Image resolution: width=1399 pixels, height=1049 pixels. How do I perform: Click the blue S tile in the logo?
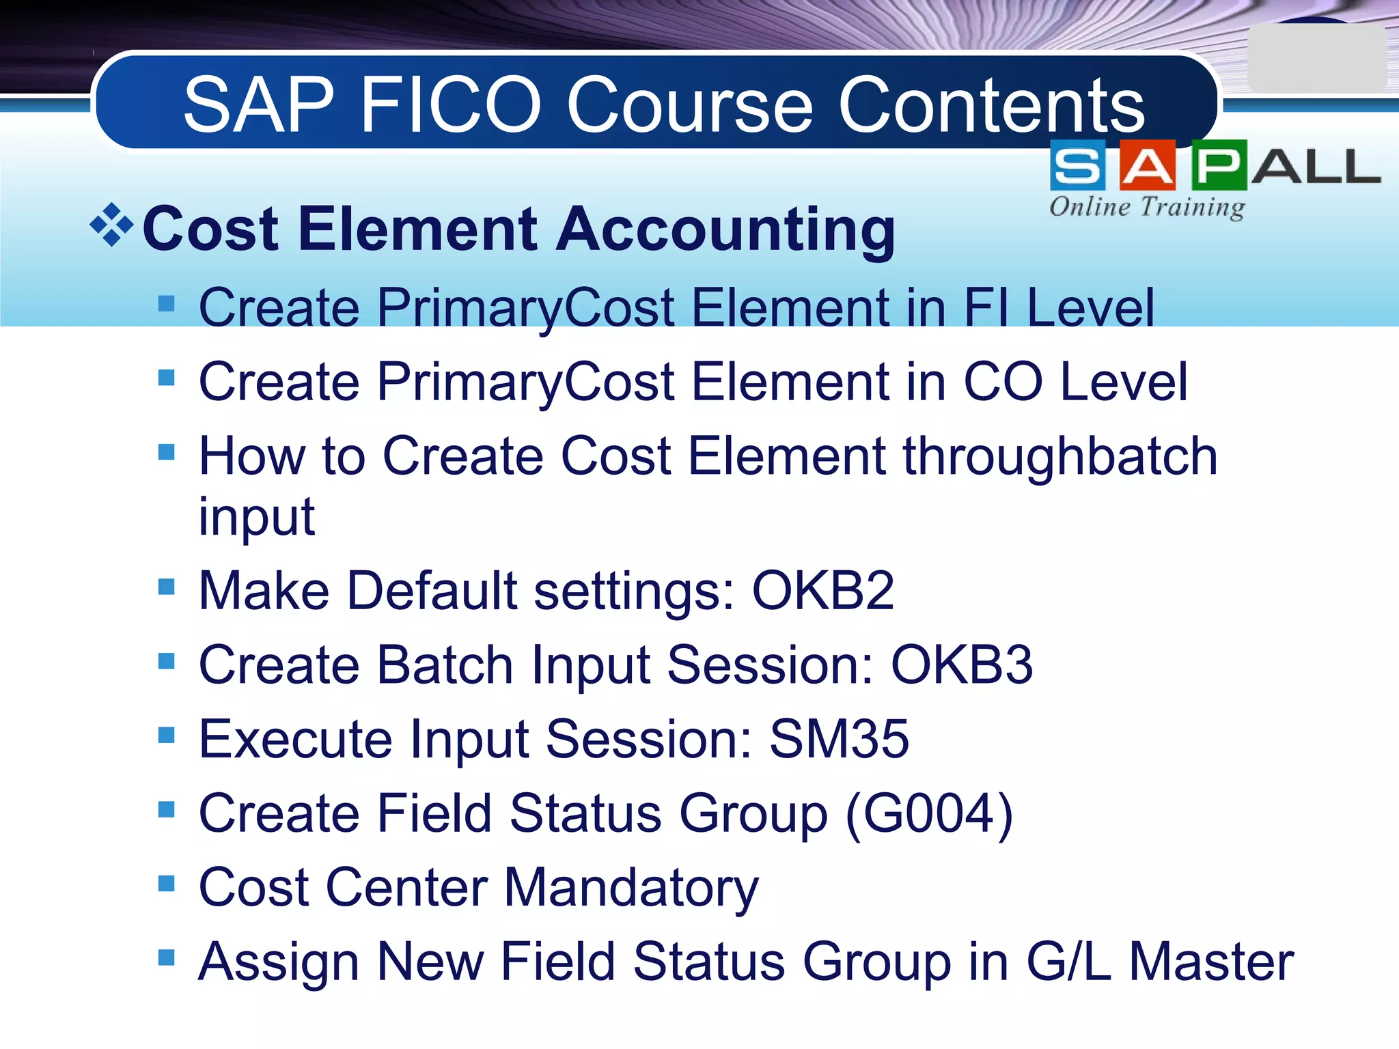click(1077, 165)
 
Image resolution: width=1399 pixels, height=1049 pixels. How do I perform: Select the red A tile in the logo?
click(1148, 165)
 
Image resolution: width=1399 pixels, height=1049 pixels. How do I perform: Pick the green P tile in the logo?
click(1219, 165)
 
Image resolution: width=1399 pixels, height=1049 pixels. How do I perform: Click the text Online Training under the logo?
click(1146, 206)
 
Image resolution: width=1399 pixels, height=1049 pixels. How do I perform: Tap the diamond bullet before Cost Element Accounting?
click(111, 225)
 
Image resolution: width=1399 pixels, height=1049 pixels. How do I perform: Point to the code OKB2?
click(822, 591)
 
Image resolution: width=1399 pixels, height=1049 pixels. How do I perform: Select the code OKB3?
click(961, 665)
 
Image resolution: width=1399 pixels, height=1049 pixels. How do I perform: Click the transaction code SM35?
click(839, 739)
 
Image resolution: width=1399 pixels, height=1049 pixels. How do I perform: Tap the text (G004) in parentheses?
click(929, 813)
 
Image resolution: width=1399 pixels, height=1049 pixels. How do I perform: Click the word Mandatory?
click(631, 888)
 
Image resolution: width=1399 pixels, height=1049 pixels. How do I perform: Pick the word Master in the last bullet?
click(1210, 962)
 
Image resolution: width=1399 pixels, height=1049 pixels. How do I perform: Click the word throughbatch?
click(1060, 456)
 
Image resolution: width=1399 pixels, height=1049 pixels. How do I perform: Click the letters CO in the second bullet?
click(1003, 382)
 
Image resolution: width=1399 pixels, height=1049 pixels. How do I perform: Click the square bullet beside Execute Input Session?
click(166, 735)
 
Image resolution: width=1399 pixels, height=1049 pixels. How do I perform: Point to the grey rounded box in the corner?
click(1316, 59)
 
